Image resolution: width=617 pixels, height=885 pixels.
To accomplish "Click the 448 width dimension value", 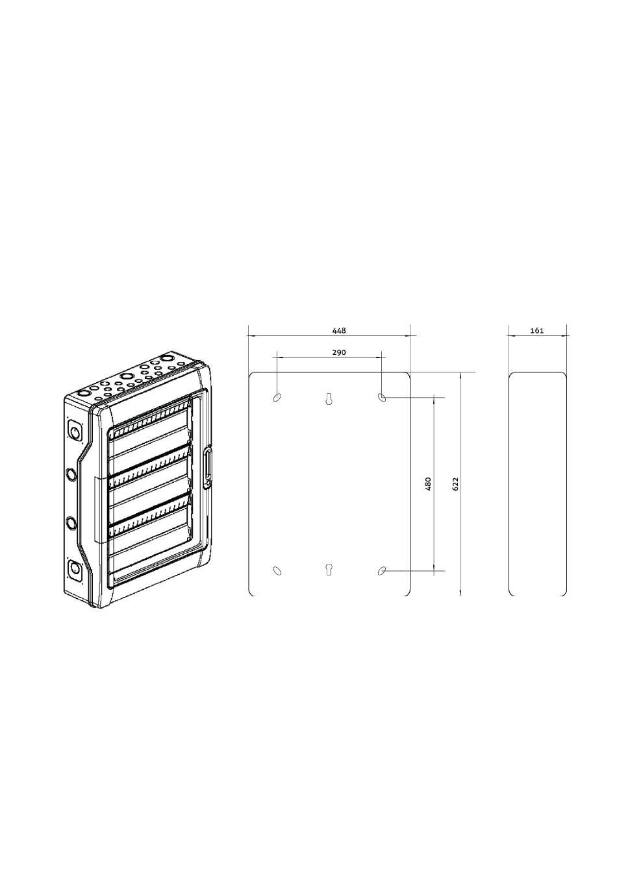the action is tap(339, 330).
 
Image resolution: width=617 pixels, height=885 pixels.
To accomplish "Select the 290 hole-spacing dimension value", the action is tap(339, 352).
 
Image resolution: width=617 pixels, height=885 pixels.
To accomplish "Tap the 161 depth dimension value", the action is tap(536, 330).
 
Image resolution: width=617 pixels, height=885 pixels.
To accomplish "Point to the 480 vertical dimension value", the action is tap(427, 484).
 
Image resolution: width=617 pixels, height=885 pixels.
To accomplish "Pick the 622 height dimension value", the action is tap(455, 484).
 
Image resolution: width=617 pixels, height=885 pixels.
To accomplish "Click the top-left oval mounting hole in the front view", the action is tap(277, 396).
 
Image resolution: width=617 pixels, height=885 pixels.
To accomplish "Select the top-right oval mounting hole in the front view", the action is tap(382, 396).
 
